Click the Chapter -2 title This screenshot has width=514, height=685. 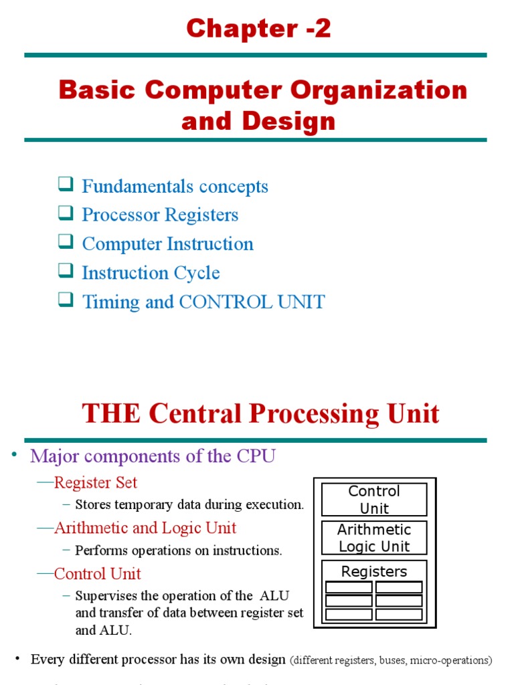click(x=258, y=29)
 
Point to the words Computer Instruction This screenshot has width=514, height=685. click(x=167, y=244)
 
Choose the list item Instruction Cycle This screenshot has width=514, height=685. click(x=151, y=273)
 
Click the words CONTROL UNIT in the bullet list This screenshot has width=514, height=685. click(x=252, y=302)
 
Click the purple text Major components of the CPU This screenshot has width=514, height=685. click(x=153, y=456)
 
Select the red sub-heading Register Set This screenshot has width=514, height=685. click(x=96, y=482)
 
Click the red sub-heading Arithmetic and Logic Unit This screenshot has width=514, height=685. click(x=145, y=528)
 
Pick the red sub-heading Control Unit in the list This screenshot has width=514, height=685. click(x=97, y=573)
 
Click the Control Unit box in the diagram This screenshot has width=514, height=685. click(x=374, y=500)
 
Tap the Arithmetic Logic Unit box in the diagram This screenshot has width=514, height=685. click(x=374, y=538)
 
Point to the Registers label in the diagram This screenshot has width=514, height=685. click(x=374, y=571)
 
